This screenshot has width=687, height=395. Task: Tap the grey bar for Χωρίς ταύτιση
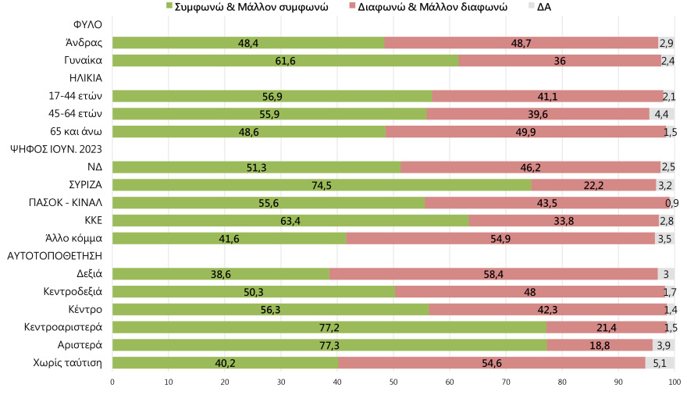[x=660, y=363]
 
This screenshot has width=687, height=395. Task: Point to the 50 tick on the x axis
[x=393, y=383]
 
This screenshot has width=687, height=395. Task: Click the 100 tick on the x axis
[x=675, y=383]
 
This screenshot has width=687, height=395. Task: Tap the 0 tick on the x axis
[x=112, y=383]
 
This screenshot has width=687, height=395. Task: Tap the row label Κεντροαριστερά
[x=68, y=327]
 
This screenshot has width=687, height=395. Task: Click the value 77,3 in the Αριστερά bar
[x=329, y=345]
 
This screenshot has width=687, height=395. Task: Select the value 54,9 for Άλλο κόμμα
[x=500, y=238]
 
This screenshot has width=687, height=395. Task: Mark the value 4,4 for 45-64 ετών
[x=661, y=114]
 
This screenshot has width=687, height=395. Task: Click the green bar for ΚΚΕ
[x=290, y=220]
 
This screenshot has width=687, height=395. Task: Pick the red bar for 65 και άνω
[x=525, y=132]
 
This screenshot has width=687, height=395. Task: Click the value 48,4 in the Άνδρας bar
[x=249, y=43]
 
